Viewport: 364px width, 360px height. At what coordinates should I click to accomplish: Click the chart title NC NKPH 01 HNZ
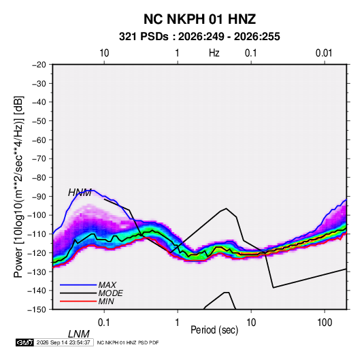click(199, 19)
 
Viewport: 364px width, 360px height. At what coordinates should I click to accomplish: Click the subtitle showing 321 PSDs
click(199, 37)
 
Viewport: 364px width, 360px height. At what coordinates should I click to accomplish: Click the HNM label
click(80, 193)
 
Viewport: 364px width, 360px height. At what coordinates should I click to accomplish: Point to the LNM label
click(79, 334)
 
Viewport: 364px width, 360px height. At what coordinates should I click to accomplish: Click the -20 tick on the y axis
click(39, 65)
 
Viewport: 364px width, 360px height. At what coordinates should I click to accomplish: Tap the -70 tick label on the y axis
click(39, 159)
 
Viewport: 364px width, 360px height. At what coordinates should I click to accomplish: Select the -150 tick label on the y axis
click(37, 310)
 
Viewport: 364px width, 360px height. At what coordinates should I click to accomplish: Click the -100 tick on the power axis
click(37, 215)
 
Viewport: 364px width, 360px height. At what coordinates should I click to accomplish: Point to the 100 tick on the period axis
click(325, 323)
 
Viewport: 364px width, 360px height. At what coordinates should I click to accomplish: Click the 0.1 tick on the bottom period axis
click(104, 323)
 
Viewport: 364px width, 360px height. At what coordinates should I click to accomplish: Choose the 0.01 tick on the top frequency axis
click(324, 53)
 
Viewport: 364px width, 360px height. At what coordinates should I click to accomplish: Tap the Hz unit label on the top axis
click(214, 53)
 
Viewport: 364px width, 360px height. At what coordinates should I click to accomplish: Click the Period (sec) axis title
click(214, 330)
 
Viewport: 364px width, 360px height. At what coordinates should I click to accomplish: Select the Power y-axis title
click(18, 186)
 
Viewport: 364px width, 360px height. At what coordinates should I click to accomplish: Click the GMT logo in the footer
click(25, 342)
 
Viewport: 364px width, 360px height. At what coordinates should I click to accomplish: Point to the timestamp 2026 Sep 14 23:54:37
click(63, 342)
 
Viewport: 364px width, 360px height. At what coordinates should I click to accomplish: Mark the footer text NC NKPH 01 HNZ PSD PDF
click(128, 342)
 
